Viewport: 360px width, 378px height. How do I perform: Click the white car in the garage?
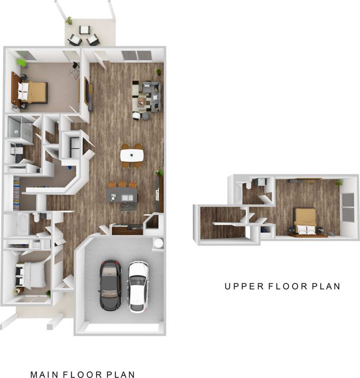[x=138, y=286]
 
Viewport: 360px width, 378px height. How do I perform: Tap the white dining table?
[x=132, y=154]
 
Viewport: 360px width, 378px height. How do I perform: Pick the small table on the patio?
[x=84, y=30]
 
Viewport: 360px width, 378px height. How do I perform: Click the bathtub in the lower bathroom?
[x=22, y=224]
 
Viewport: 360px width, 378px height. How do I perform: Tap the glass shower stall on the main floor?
[x=19, y=131]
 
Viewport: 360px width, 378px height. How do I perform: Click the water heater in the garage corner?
[x=158, y=243]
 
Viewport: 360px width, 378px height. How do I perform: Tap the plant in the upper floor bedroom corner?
[x=339, y=183]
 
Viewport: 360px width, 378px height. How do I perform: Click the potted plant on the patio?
[x=69, y=20]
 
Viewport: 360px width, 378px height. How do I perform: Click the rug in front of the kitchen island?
[x=127, y=207]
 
